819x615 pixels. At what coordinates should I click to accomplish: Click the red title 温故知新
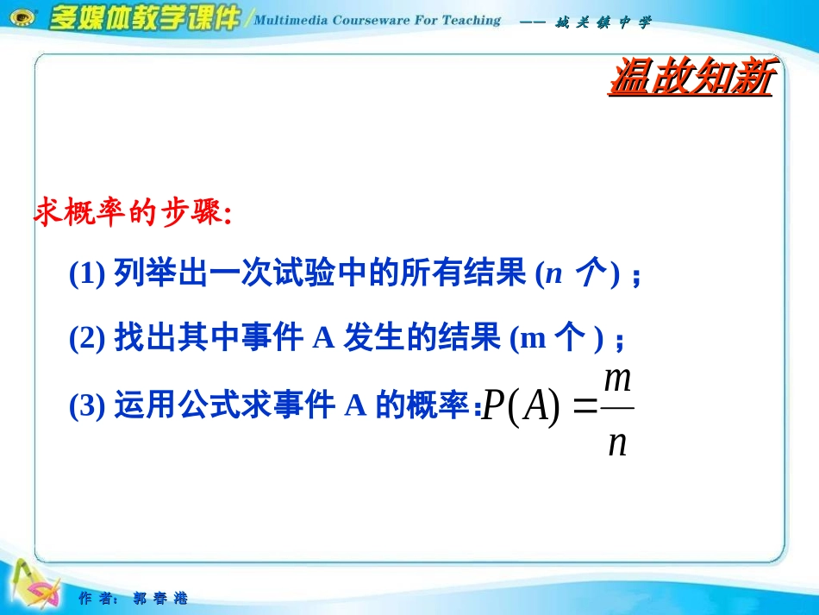coord(692,76)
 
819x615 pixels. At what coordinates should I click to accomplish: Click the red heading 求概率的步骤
coord(133,212)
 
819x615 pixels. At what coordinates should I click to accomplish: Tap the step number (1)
coord(87,273)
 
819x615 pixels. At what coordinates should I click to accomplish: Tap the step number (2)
coord(87,338)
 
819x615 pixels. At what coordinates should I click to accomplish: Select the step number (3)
coord(87,405)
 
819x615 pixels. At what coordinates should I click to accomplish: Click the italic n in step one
coord(553,273)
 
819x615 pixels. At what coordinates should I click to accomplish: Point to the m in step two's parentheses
coord(533,340)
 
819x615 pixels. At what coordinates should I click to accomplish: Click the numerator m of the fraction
coord(618,380)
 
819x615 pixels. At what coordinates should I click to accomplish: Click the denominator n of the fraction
coord(617,444)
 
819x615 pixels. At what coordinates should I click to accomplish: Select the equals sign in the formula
coord(585,405)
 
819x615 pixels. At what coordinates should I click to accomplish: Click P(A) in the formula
coord(521,405)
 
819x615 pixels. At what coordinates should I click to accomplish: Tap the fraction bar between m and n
coord(618,408)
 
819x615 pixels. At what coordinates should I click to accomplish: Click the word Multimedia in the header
coord(291,21)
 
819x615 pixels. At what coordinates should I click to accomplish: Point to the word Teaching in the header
coord(472,21)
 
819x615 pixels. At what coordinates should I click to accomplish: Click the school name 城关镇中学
coord(603,22)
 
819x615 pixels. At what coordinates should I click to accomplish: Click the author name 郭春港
coord(159,598)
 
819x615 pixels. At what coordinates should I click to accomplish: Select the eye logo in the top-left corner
coord(23,18)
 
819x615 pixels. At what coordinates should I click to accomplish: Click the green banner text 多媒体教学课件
coord(144,18)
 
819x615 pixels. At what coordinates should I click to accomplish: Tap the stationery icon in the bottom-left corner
coord(35,585)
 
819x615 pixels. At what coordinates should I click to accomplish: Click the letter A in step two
coord(323,338)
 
